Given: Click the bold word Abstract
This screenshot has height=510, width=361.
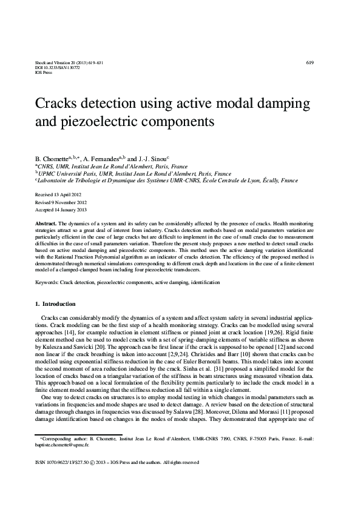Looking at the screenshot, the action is (46, 224).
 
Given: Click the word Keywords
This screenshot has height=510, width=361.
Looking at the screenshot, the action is (47, 283).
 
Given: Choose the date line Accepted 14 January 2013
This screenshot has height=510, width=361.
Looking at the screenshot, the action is (64, 208).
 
